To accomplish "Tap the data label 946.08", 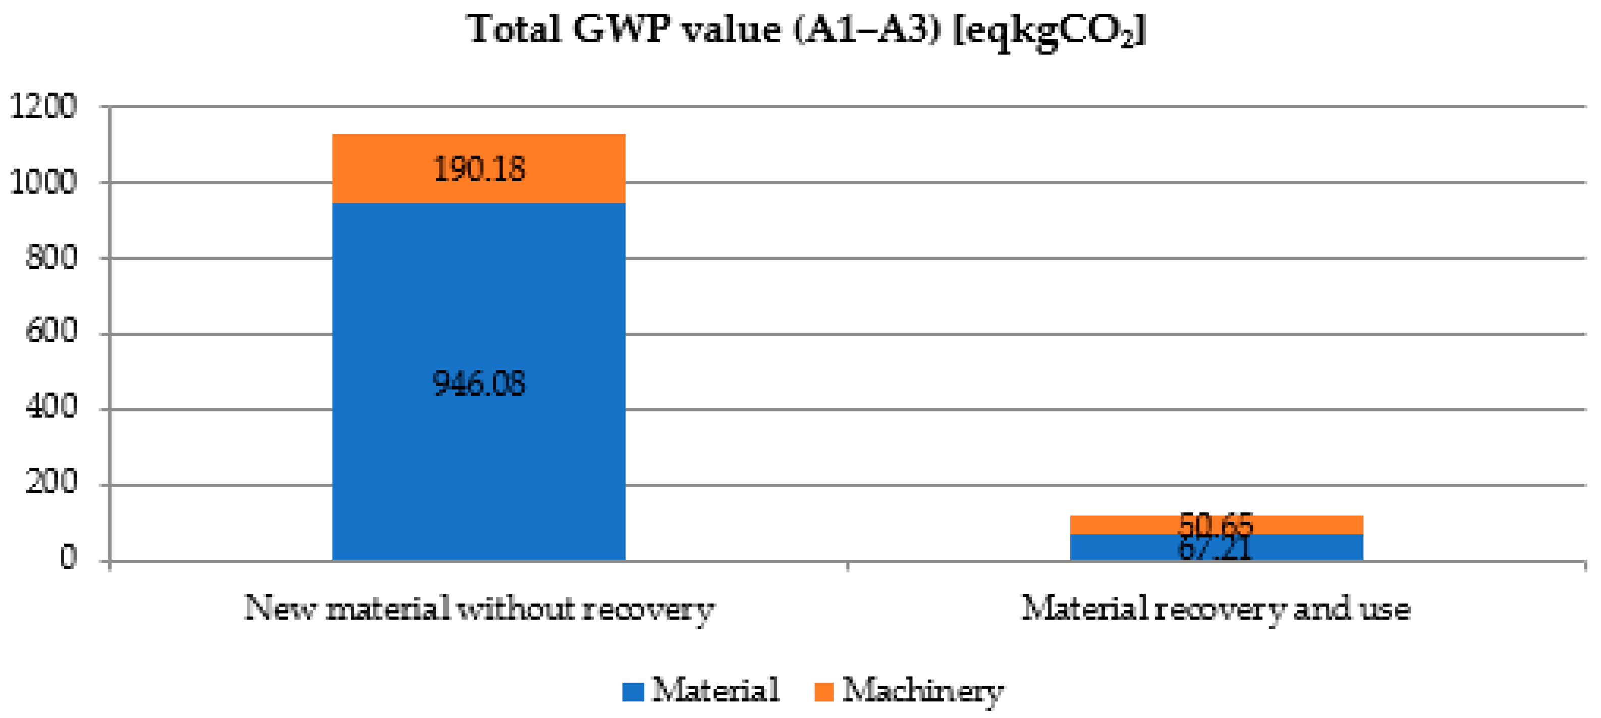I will click(x=478, y=383).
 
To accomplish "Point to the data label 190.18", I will click(x=478, y=169).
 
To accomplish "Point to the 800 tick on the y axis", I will click(x=51, y=257).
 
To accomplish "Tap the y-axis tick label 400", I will click(x=51, y=407).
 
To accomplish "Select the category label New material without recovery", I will click(x=478, y=608).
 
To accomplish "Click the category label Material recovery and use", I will click(x=1216, y=608).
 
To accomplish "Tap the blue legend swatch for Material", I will click(x=633, y=691).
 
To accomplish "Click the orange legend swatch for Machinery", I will click(x=823, y=691).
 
